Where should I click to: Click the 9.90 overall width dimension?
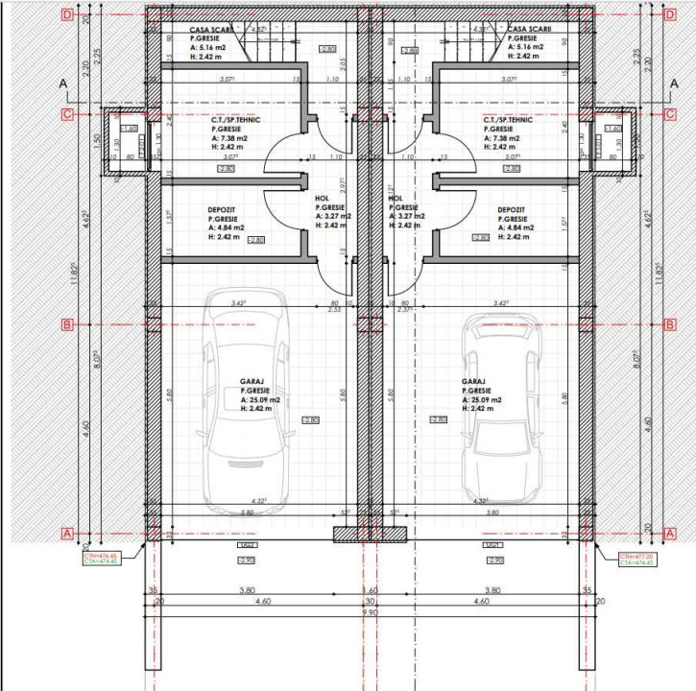[x=369, y=611]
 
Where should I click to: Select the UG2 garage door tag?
[x=247, y=546]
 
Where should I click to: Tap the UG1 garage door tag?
[x=494, y=546]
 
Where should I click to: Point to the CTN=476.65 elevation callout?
[x=100, y=559]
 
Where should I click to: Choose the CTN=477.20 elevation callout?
[x=636, y=559]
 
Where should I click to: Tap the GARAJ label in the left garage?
[x=252, y=381]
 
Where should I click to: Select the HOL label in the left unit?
[x=322, y=199]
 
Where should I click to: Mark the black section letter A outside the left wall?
[x=64, y=85]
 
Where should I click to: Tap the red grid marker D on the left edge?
[x=66, y=14]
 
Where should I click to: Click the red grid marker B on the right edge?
[x=669, y=324]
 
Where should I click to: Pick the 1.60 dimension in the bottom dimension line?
[x=370, y=590]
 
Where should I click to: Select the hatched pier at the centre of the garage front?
[x=370, y=534]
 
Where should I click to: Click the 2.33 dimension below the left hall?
[x=334, y=309]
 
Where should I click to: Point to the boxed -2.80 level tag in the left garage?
[x=309, y=420]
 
